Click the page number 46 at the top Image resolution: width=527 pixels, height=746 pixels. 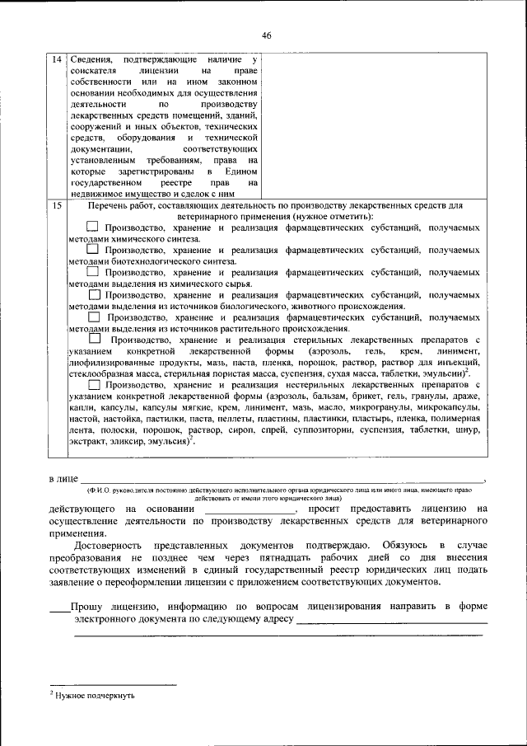pos(266,35)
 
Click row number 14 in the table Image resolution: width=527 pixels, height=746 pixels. pos(55,60)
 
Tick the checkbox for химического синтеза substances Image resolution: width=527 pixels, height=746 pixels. pos(93,227)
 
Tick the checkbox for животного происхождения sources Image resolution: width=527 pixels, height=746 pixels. pos(94,294)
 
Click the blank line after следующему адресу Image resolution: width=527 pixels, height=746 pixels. pos(391,619)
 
